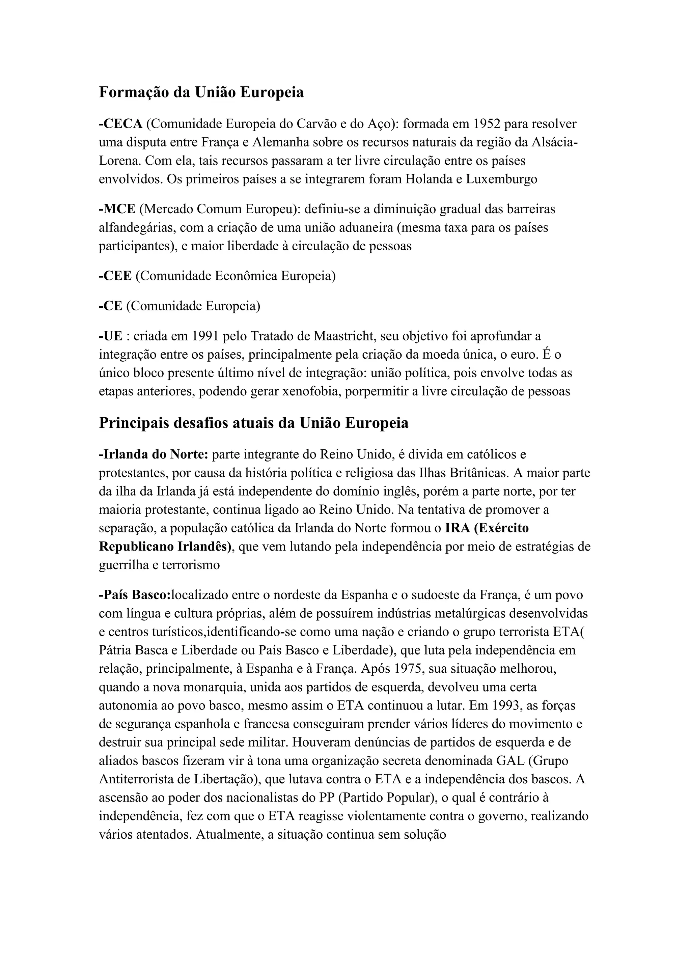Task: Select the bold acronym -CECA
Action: [120, 124]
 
